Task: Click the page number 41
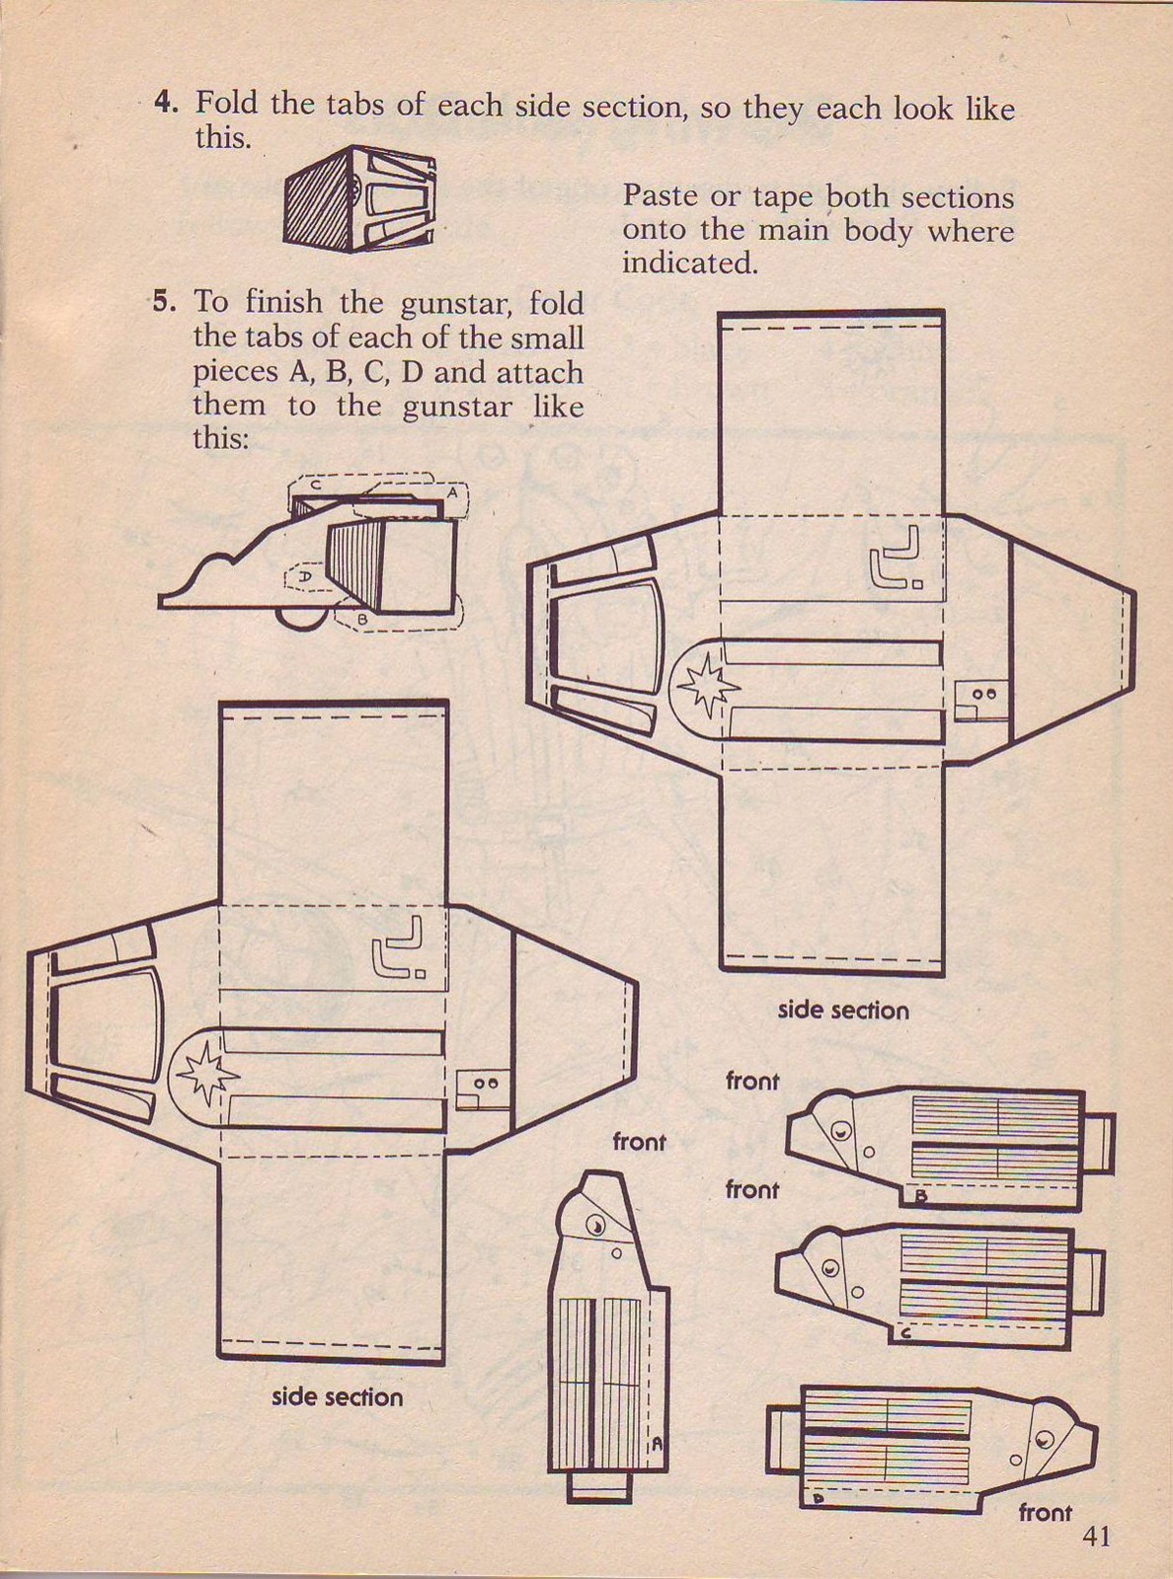coord(1097,1537)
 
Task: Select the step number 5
coord(163,301)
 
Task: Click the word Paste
coord(659,196)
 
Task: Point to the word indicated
coord(689,263)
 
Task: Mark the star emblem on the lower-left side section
coord(203,1073)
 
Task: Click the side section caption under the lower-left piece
coord(337,1396)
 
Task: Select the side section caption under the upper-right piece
coord(842,1010)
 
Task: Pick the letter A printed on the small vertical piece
coord(655,1442)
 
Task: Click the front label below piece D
coord(1045,1512)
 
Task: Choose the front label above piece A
coord(638,1142)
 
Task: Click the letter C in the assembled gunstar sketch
coord(315,486)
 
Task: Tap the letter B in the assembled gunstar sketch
coord(362,619)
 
